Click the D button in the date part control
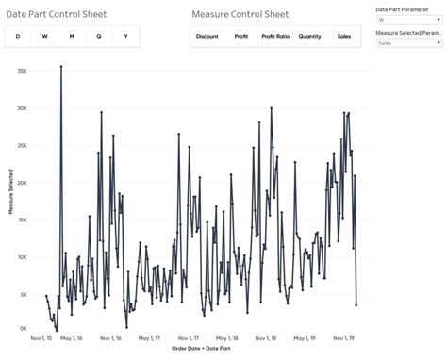point(17,37)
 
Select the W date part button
point(44,37)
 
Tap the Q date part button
point(99,37)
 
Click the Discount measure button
point(207,37)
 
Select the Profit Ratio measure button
point(275,37)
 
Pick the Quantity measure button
point(309,37)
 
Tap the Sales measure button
point(344,37)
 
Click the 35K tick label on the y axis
point(22,71)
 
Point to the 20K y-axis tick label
point(22,182)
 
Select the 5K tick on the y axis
point(24,294)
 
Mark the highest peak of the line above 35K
point(61,67)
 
